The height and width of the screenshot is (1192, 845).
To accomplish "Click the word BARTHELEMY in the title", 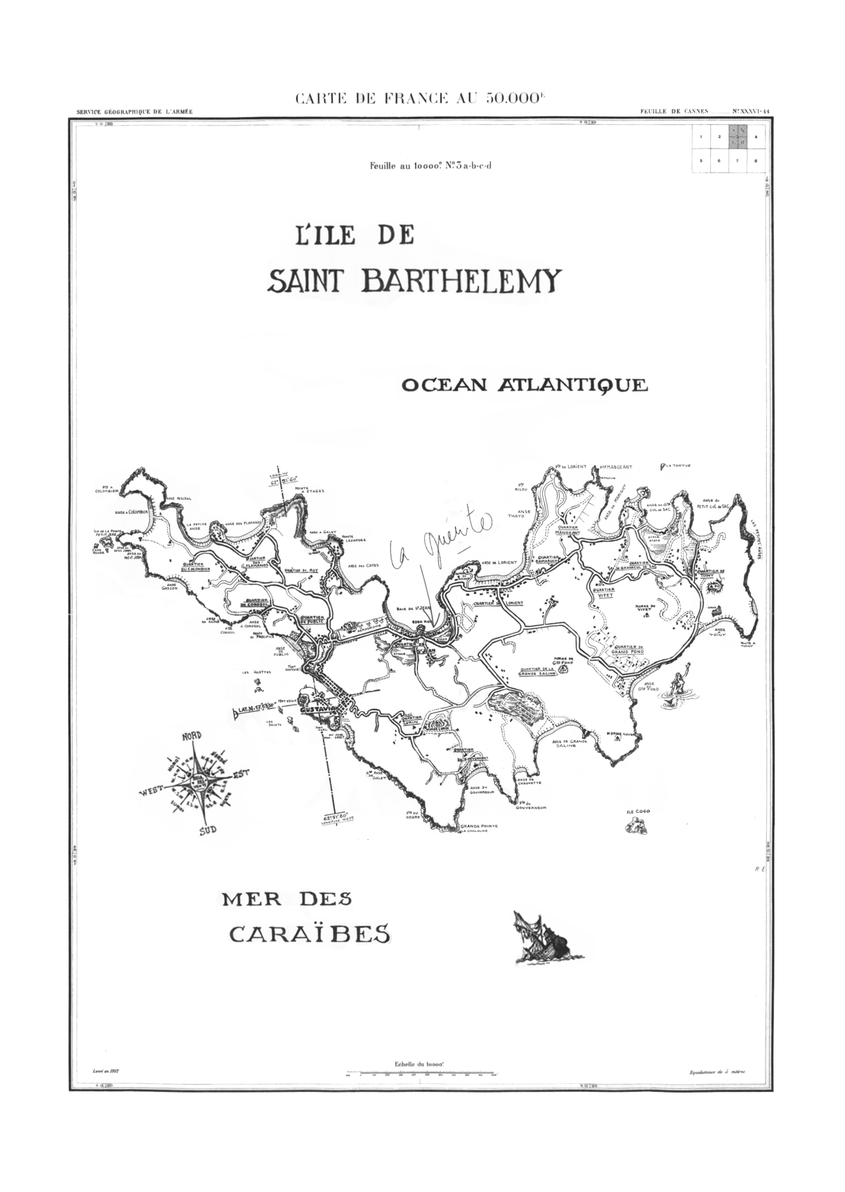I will click(x=460, y=282).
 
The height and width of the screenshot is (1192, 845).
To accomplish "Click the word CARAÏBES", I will click(x=311, y=933).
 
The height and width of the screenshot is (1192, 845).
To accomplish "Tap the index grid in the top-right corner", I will click(x=728, y=148).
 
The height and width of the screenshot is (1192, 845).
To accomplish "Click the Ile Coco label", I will click(x=638, y=811).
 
